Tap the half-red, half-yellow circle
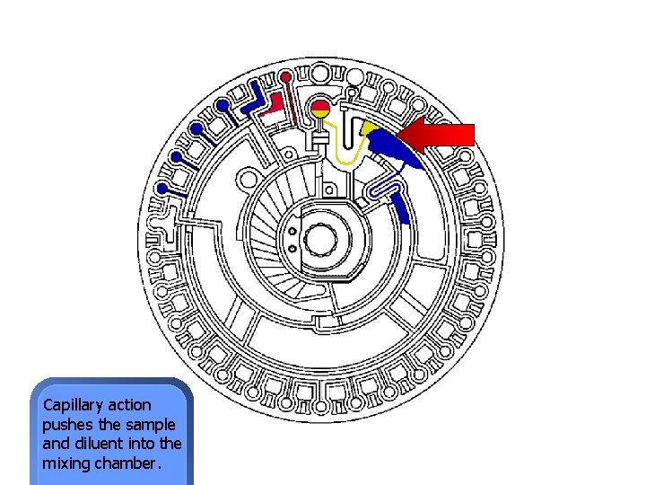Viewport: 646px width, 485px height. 320,110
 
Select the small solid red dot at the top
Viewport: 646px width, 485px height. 285,77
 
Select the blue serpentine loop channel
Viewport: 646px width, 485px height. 382,190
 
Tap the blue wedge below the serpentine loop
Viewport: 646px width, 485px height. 403,210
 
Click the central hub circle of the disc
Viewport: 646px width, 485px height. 319,240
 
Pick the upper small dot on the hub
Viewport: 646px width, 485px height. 292,230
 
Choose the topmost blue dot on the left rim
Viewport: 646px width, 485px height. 221,105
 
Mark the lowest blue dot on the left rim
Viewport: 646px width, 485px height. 162,189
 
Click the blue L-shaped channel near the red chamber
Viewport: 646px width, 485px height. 249,101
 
